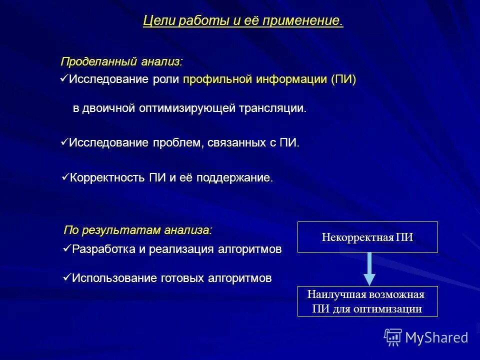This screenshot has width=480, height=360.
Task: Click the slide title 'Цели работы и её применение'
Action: (243, 21)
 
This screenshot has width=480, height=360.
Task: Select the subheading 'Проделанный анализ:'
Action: (121, 61)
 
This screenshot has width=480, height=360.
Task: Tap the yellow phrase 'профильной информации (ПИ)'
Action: (269, 79)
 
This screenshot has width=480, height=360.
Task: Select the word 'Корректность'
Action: (107, 177)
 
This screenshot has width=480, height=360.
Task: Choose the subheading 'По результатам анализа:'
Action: (137, 230)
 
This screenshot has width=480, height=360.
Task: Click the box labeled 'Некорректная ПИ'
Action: (367, 237)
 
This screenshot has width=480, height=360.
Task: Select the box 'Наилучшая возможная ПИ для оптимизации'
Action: (367, 301)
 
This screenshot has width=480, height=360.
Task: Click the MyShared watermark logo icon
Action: (393, 337)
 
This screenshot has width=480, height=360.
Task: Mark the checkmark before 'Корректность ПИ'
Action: (64, 176)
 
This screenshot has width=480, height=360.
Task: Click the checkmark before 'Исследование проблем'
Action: (63, 142)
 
